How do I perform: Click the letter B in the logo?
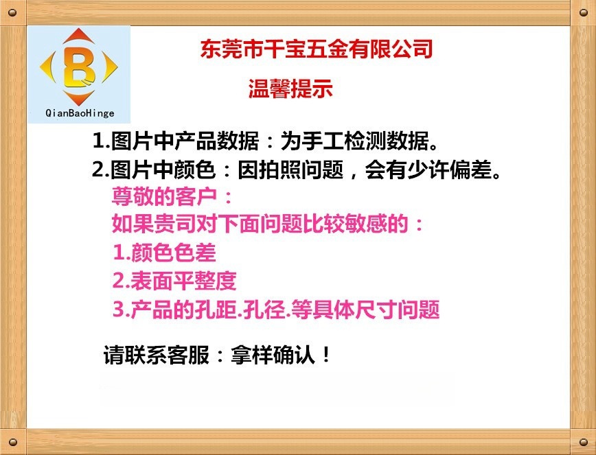pyautogui.click(x=79, y=67)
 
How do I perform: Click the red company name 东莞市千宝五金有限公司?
pyautogui.click(x=317, y=49)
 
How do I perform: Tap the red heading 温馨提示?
pyautogui.click(x=290, y=89)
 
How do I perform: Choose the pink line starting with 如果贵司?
pyautogui.click(x=268, y=224)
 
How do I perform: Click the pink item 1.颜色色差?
pyautogui.click(x=164, y=253)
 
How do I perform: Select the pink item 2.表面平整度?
pyautogui.click(x=174, y=281)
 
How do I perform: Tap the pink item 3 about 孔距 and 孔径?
pyautogui.click(x=275, y=310)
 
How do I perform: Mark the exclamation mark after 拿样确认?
pyautogui.click(x=326, y=355)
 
